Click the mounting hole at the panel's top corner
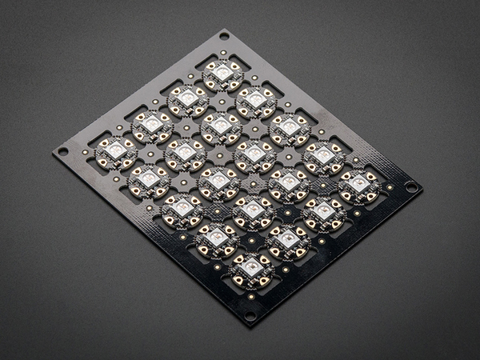pyautogui.click(x=223, y=36)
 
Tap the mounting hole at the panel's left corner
pyautogui.click(x=63, y=150)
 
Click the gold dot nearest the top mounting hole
pyautogui.click(x=223, y=52)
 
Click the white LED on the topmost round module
pyautogui.click(x=223, y=73)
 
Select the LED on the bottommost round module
pyautogui.click(x=251, y=269)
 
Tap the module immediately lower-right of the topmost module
pyautogui.click(x=256, y=100)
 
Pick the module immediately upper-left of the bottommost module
pyautogui.click(x=216, y=238)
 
